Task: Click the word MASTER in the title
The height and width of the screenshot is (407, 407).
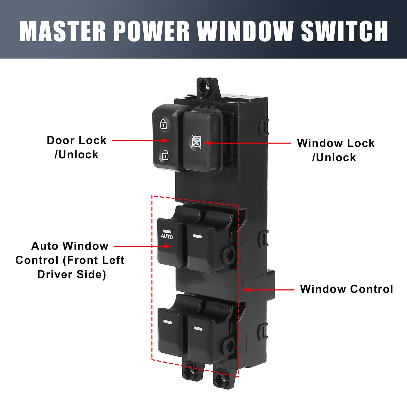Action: [63, 31]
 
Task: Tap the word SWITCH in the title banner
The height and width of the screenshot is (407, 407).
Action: [344, 31]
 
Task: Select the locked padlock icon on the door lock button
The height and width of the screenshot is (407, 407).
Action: [163, 124]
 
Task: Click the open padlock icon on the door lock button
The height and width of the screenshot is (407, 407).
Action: [165, 155]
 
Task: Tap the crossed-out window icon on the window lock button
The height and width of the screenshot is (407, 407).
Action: [196, 142]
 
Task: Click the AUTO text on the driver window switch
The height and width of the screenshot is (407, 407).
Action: [167, 236]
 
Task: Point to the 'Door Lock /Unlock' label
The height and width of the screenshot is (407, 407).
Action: [77, 147]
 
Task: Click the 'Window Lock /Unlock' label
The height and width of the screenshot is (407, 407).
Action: [335, 150]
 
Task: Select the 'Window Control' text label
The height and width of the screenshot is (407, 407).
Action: [347, 289]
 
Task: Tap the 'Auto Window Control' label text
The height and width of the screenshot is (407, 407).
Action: [70, 260]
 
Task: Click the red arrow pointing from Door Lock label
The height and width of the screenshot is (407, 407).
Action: [141, 140]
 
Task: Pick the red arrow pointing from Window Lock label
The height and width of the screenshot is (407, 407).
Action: [247, 143]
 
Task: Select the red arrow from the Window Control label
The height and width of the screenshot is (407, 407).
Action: [269, 290]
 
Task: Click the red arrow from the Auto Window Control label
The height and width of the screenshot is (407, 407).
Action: [143, 246]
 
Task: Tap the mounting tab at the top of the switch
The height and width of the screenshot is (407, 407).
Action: [207, 88]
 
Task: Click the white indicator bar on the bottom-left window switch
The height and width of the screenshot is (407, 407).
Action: [168, 322]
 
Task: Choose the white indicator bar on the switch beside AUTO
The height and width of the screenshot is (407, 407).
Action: [197, 236]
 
